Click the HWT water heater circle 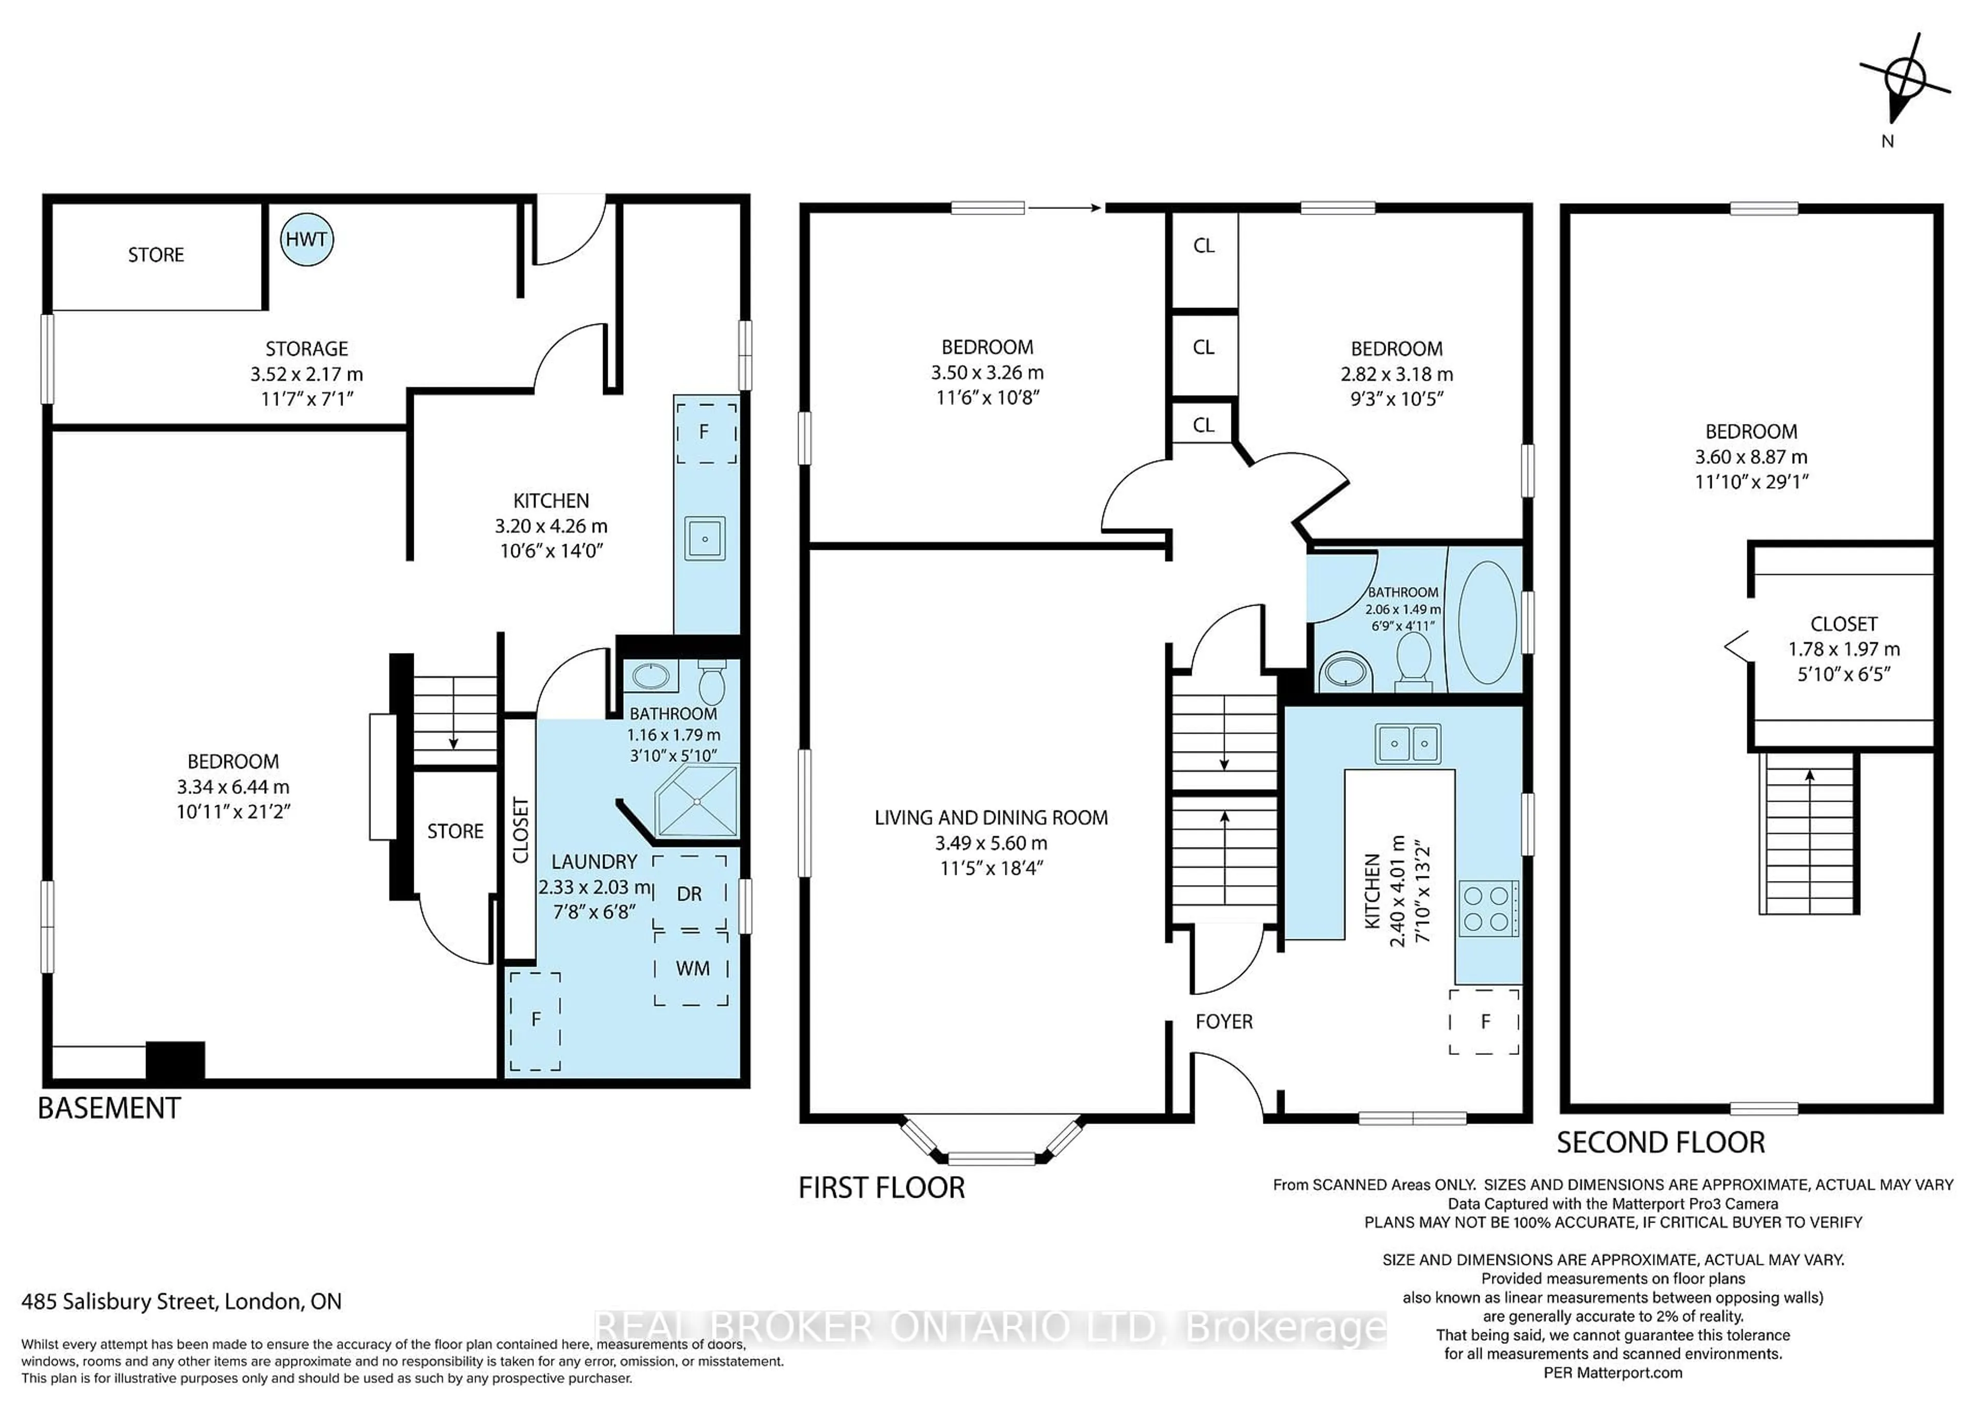[x=306, y=240]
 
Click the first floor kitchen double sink [x=1408, y=743]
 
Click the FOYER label [x=1224, y=1021]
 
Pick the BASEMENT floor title [x=109, y=1107]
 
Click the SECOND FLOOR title [x=1660, y=1142]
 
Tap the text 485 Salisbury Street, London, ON [x=181, y=1301]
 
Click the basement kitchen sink [x=705, y=539]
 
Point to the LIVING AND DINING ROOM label [x=990, y=817]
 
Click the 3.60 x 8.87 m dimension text [x=1750, y=457]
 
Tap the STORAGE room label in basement [x=306, y=349]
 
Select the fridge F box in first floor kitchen [x=1484, y=1021]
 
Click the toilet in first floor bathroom [x=1414, y=659]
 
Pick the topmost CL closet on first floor [x=1204, y=246]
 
